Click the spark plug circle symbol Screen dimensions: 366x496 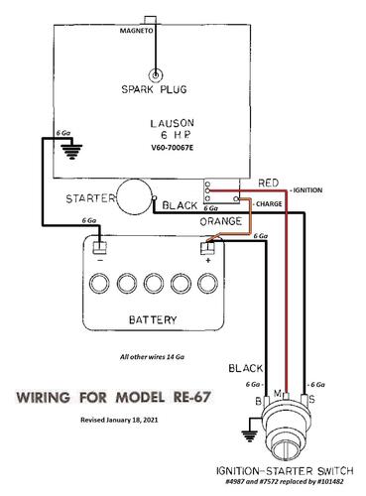tap(155, 75)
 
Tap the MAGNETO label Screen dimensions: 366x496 tap(136, 31)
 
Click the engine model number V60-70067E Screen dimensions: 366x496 tap(172, 148)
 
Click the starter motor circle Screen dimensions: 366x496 tap(135, 196)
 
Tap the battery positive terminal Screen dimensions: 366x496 tap(207, 248)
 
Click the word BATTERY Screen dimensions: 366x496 tap(153, 319)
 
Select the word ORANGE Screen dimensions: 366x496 tap(220, 221)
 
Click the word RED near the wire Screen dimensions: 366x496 tap(268, 183)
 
